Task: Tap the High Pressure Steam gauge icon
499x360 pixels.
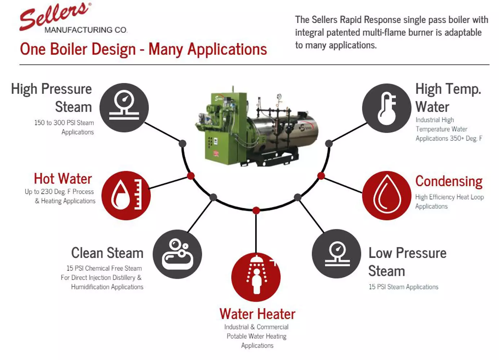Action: pos(124,107)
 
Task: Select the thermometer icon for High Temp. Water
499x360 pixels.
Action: pos(387,108)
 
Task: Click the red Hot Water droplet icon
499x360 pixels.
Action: pos(126,195)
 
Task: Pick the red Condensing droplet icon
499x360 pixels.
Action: pos(387,195)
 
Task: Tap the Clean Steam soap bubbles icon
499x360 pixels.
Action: pos(177,254)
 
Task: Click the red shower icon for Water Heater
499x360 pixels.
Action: pos(256,277)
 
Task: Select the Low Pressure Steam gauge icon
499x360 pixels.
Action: pos(336,254)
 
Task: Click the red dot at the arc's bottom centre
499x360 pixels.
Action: pos(256,210)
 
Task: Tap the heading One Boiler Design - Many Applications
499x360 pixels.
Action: pos(143,49)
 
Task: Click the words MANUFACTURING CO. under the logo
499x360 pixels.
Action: pos(85,30)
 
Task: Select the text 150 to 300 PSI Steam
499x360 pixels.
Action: pos(64,123)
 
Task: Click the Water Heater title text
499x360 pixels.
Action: pos(257,314)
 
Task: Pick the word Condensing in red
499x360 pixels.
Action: pos(449,181)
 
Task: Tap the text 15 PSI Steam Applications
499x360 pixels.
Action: pos(403,287)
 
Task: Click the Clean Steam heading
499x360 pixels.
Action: pos(107,253)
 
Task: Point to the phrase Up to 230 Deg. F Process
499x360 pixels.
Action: pos(59,192)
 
